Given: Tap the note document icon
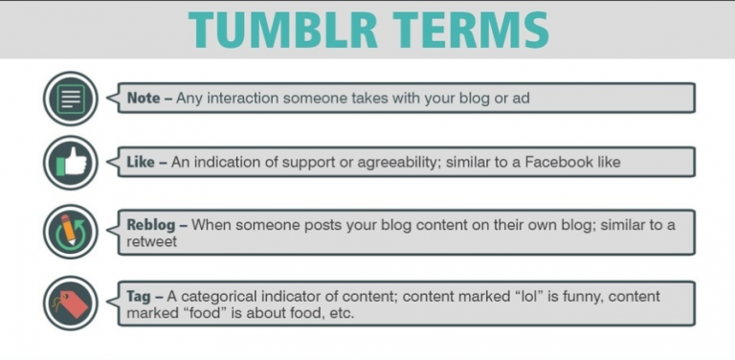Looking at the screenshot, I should pyautogui.click(x=71, y=99).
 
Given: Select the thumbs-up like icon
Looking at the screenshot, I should pyautogui.click(x=71, y=164).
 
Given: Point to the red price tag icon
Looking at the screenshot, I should pyautogui.click(x=71, y=303).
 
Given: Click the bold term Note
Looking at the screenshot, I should pyautogui.click(x=145, y=99).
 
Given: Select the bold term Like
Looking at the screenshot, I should pyautogui.click(x=142, y=163).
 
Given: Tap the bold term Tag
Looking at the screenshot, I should pyautogui.click(x=140, y=296).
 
